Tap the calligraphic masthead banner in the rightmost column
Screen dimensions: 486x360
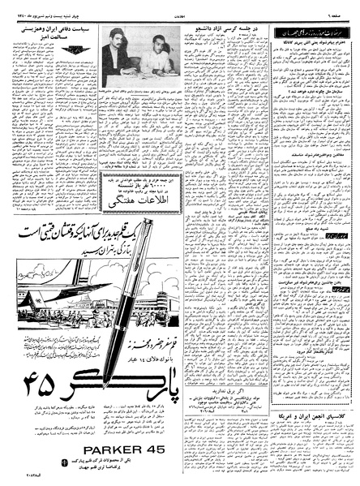(306, 29)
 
